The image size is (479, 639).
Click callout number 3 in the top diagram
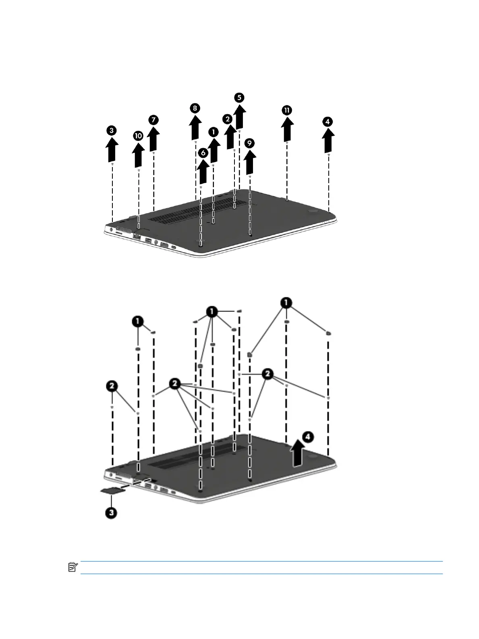pyautogui.click(x=112, y=130)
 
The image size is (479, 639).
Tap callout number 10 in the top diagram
pyautogui.click(x=138, y=136)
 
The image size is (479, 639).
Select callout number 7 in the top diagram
pyautogui.click(x=153, y=120)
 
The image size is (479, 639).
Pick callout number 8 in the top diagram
pyautogui.click(x=195, y=108)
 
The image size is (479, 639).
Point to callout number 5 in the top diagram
pyautogui.click(x=239, y=97)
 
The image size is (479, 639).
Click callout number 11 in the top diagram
pyautogui.click(x=286, y=110)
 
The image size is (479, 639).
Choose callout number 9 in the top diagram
pyautogui.click(x=250, y=143)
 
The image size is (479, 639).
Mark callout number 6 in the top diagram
pyautogui.click(x=203, y=152)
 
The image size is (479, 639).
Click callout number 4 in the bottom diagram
pyautogui.click(x=307, y=436)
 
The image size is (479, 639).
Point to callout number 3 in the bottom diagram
pyautogui.click(x=112, y=513)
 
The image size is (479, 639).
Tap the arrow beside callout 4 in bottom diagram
pyautogui.click(x=297, y=453)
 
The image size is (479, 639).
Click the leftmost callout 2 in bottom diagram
pyautogui.click(x=112, y=386)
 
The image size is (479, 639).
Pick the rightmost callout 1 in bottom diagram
pyautogui.click(x=286, y=303)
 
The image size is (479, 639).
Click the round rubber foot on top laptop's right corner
pyautogui.click(x=313, y=210)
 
